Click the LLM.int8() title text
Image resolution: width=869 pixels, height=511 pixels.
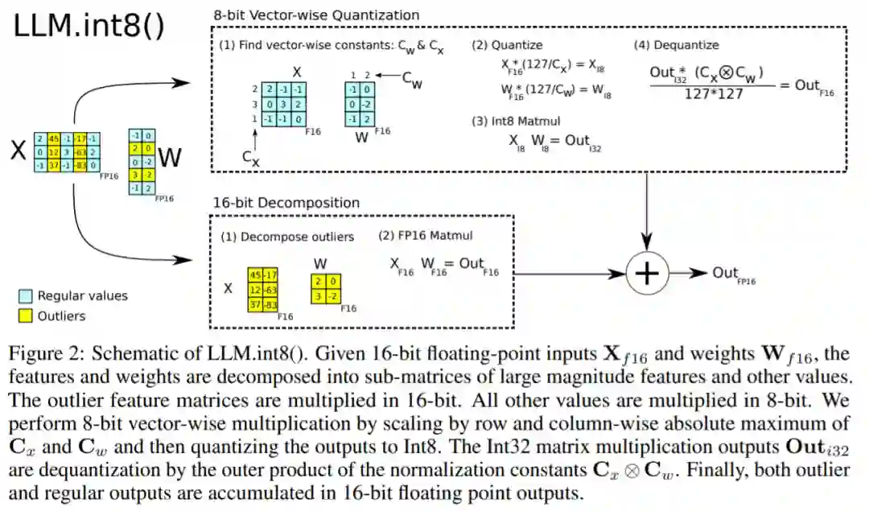[89, 27]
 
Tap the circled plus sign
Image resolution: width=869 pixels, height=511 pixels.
[647, 273]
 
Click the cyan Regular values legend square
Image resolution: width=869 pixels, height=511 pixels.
[25, 296]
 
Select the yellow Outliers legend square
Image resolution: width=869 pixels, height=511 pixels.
[25, 316]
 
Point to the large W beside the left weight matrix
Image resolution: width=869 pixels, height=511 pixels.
[170, 158]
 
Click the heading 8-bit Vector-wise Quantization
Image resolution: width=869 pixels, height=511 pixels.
[316, 14]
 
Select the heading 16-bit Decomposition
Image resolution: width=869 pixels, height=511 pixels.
[285, 203]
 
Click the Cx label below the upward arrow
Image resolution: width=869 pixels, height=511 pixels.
[251, 159]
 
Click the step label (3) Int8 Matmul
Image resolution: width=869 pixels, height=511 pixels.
[515, 122]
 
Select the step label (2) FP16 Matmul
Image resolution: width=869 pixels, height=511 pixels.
[426, 236]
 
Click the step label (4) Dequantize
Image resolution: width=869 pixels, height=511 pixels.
[676, 45]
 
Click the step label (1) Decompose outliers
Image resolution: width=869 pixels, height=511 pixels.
[287, 237]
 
